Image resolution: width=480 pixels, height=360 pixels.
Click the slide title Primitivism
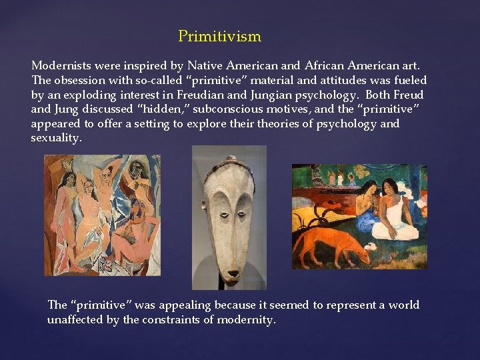(x=219, y=36)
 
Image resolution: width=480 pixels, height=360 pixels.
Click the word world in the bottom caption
(x=403, y=305)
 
